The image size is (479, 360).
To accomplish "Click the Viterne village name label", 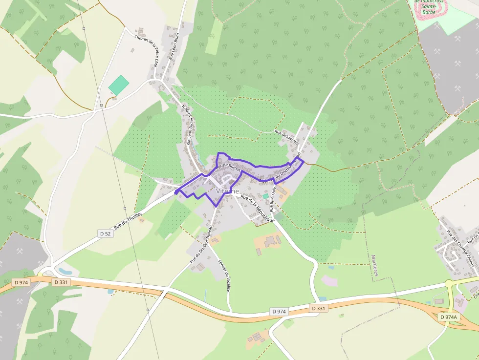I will (228, 191).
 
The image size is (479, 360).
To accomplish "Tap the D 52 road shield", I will (105, 233).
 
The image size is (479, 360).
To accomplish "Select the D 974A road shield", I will (449, 317).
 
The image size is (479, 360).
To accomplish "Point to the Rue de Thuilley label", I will (128, 221).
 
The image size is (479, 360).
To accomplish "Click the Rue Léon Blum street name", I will (174, 46).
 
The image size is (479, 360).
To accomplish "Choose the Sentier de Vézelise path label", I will (225, 275).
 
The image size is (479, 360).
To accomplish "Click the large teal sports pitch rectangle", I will (119, 85).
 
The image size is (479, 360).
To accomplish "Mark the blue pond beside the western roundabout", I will (65, 270).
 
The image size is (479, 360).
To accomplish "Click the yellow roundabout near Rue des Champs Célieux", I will (450, 284).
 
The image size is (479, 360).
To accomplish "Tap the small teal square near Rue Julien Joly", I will (265, 196).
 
